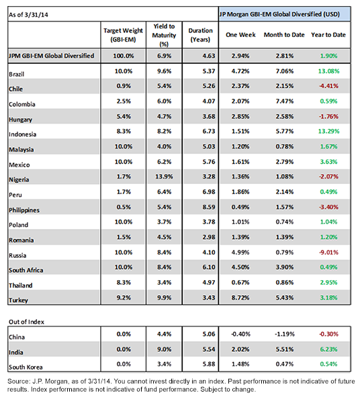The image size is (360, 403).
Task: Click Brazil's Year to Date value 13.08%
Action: (x=328, y=71)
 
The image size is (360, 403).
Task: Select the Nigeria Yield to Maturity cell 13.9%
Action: (x=164, y=177)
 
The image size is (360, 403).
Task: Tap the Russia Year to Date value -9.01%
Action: (x=328, y=252)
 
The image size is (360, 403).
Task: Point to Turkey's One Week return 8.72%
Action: (x=240, y=298)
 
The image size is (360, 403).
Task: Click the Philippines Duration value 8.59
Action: (x=209, y=207)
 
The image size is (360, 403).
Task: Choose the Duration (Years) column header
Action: (x=200, y=35)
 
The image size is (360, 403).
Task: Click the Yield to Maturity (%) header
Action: (x=164, y=35)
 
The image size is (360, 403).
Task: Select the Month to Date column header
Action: (x=284, y=35)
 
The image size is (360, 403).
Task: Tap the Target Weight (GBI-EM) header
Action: (x=123, y=35)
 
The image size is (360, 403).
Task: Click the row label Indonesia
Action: (x=22, y=134)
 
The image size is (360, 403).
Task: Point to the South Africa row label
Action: (x=26, y=270)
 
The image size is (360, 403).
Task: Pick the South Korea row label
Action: (x=26, y=367)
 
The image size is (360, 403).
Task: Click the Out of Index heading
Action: (x=26, y=322)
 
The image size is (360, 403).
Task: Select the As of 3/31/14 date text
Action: (x=28, y=15)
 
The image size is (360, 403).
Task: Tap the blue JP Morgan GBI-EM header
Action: (x=285, y=14)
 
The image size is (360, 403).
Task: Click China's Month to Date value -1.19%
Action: (x=284, y=334)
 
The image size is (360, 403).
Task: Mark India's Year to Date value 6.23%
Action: (x=328, y=349)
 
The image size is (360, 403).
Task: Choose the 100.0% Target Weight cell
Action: (x=124, y=56)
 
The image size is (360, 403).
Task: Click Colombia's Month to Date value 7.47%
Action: (x=285, y=101)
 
